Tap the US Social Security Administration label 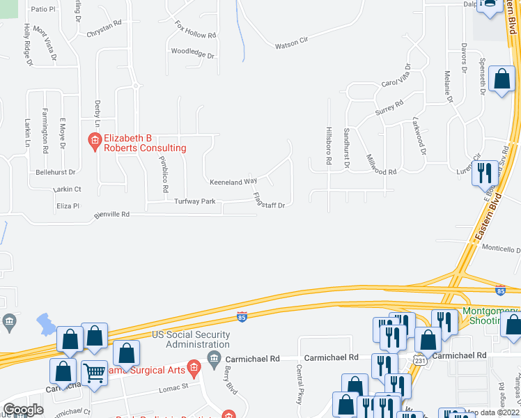[191, 339]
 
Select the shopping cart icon [94, 373]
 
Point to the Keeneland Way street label [233, 181]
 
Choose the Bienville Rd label [112, 215]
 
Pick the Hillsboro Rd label [328, 146]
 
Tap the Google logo [23, 410]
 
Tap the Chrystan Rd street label [103, 33]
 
